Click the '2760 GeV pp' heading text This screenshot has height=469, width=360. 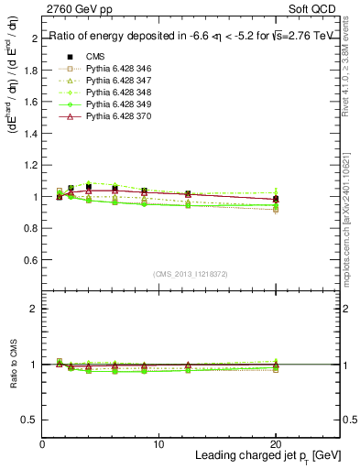click(x=80, y=11)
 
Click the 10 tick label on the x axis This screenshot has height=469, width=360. click(x=158, y=443)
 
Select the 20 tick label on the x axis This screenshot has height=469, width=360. click(x=274, y=443)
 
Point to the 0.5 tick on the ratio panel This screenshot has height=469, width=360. click(x=31, y=420)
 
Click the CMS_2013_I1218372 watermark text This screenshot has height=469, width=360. click(x=191, y=274)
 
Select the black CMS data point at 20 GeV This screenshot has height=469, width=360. click(x=276, y=199)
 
